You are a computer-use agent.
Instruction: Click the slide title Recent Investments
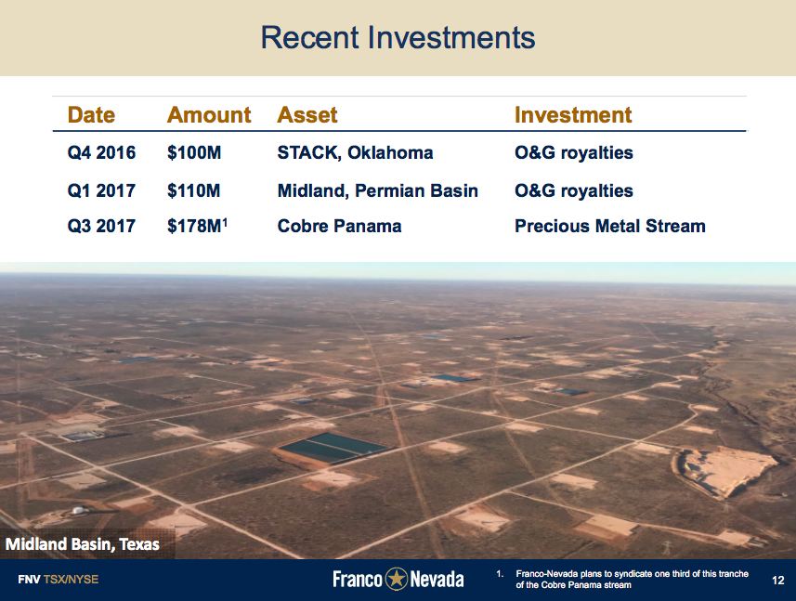[x=398, y=38]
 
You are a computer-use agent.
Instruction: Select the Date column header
[x=91, y=115]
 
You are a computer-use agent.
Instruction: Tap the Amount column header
[x=208, y=115]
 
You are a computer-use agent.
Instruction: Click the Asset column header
[x=307, y=115]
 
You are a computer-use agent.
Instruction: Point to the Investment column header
[x=572, y=115]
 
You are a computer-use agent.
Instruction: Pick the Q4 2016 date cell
[x=101, y=152]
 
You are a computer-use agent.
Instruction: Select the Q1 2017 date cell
[x=101, y=190]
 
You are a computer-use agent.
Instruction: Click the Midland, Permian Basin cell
[x=377, y=190]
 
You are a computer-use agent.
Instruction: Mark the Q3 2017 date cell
[x=101, y=226]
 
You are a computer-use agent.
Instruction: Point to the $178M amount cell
[x=195, y=226]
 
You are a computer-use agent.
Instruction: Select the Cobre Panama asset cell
[x=339, y=226]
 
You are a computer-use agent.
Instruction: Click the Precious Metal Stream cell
[x=609, y=226]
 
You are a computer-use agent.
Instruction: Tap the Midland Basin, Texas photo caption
[x=83, y=544]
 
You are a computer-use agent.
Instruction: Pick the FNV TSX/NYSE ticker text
[x=58, y=580]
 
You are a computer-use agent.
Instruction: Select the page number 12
[x=778, y=580]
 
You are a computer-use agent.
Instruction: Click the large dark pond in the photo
[x=332, y=448]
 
